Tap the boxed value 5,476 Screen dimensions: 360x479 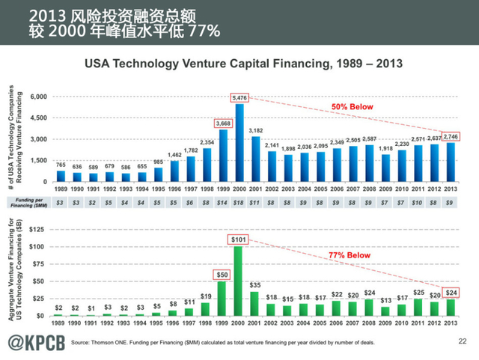tap(239, 98)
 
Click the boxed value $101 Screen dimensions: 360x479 tap(239, 240)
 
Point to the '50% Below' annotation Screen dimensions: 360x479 tap(353, 107)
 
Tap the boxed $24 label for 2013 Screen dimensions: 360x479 tap(451, 292)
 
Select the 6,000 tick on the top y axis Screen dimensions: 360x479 tap(37, 97)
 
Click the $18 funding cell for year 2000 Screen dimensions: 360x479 tap(239, 204)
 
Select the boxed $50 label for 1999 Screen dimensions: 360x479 tap(222, 275)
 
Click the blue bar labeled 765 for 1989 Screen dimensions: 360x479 tap(61, 177)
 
